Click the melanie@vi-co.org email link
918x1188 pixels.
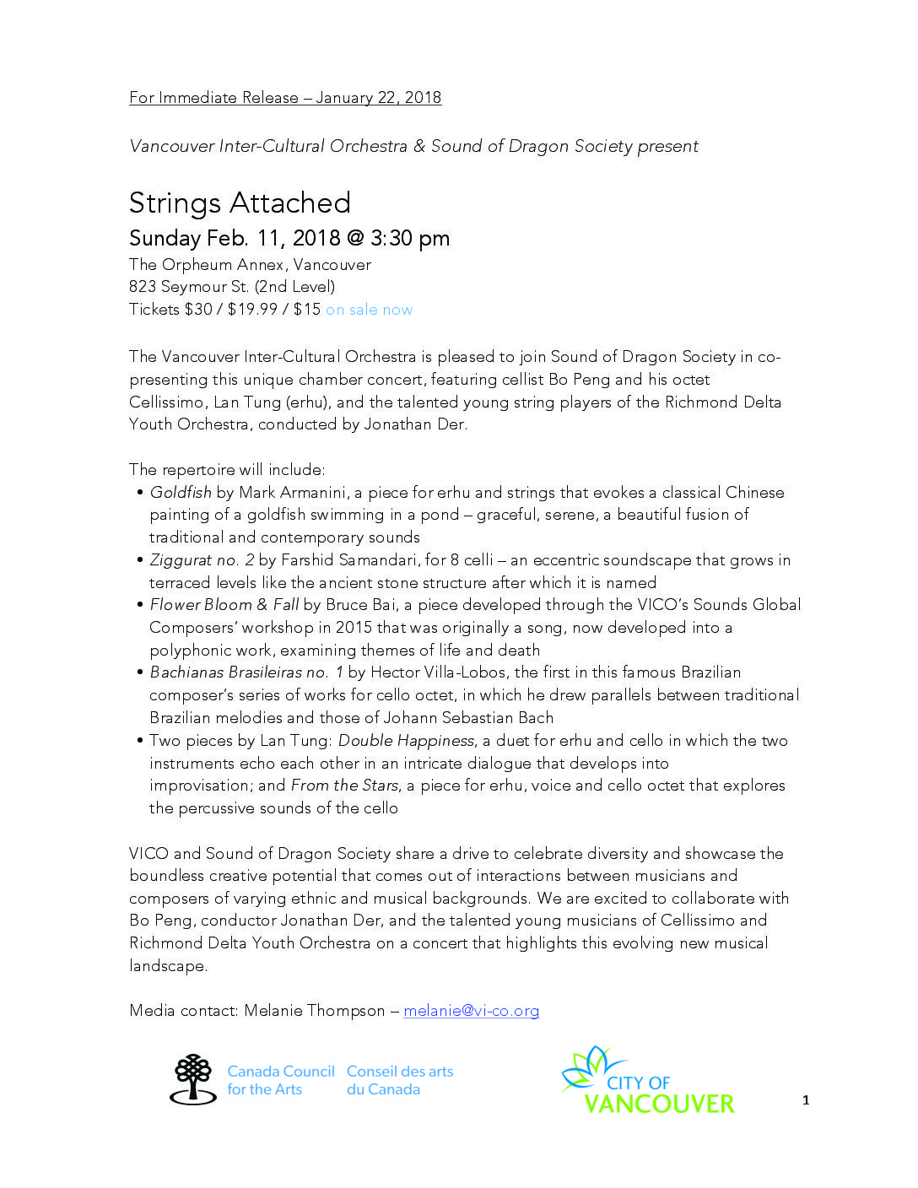pos(471,1011)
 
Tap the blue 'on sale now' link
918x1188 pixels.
pos(369,310)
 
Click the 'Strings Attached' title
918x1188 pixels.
pos(240,203)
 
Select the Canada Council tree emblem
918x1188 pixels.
pos(194,1079)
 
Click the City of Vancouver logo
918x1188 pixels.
pos(648,1081)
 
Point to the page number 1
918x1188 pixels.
pos(806,1100)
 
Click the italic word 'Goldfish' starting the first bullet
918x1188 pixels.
pos(181,493)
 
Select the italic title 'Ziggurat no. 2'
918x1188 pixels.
pos(202,560)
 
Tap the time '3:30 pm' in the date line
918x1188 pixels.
pos(409,239)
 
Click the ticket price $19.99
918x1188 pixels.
pos(252,310)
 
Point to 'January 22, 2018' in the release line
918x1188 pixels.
pos(378,98)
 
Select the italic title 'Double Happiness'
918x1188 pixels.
pos(406,741)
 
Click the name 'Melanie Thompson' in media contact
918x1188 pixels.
pos(314,1011)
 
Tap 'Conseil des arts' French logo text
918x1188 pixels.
pos(400,1072)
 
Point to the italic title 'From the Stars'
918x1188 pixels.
pos(344,786)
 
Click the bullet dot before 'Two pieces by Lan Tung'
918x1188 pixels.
pos(139,741)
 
